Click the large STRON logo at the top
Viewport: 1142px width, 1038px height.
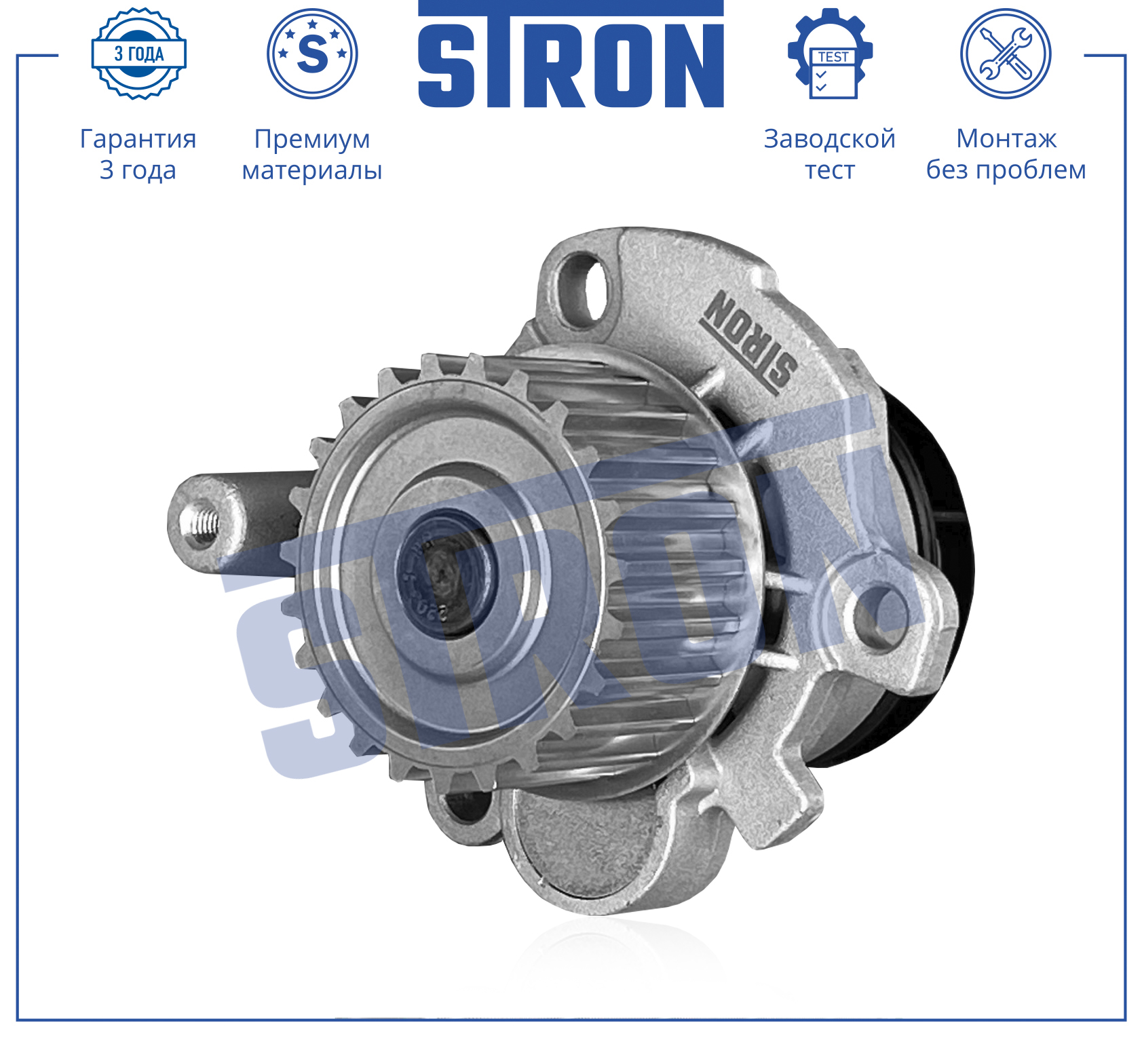pyautogui.click(x=571, y=54)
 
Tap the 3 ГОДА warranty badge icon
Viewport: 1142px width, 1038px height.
pyautogui.click(x=139, y=54)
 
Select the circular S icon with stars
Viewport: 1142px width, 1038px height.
pyautogui.click(x=312, y=54)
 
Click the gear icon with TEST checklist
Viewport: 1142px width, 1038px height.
pyautogui.click(x=830, y=54)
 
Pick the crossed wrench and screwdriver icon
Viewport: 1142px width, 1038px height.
pyautogui.click(x=1006, y=54)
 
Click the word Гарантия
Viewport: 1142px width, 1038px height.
pyautogui.click(x=138, y=139)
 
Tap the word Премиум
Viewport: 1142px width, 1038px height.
pyautogui.click(x=312, y=139)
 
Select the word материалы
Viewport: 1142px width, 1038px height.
pyautogui.click(x=312, y=170)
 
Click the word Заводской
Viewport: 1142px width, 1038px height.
pyautogui.click(x=830, y=138)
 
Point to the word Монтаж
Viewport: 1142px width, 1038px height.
pyautogui.click(x=1006, y=138)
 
